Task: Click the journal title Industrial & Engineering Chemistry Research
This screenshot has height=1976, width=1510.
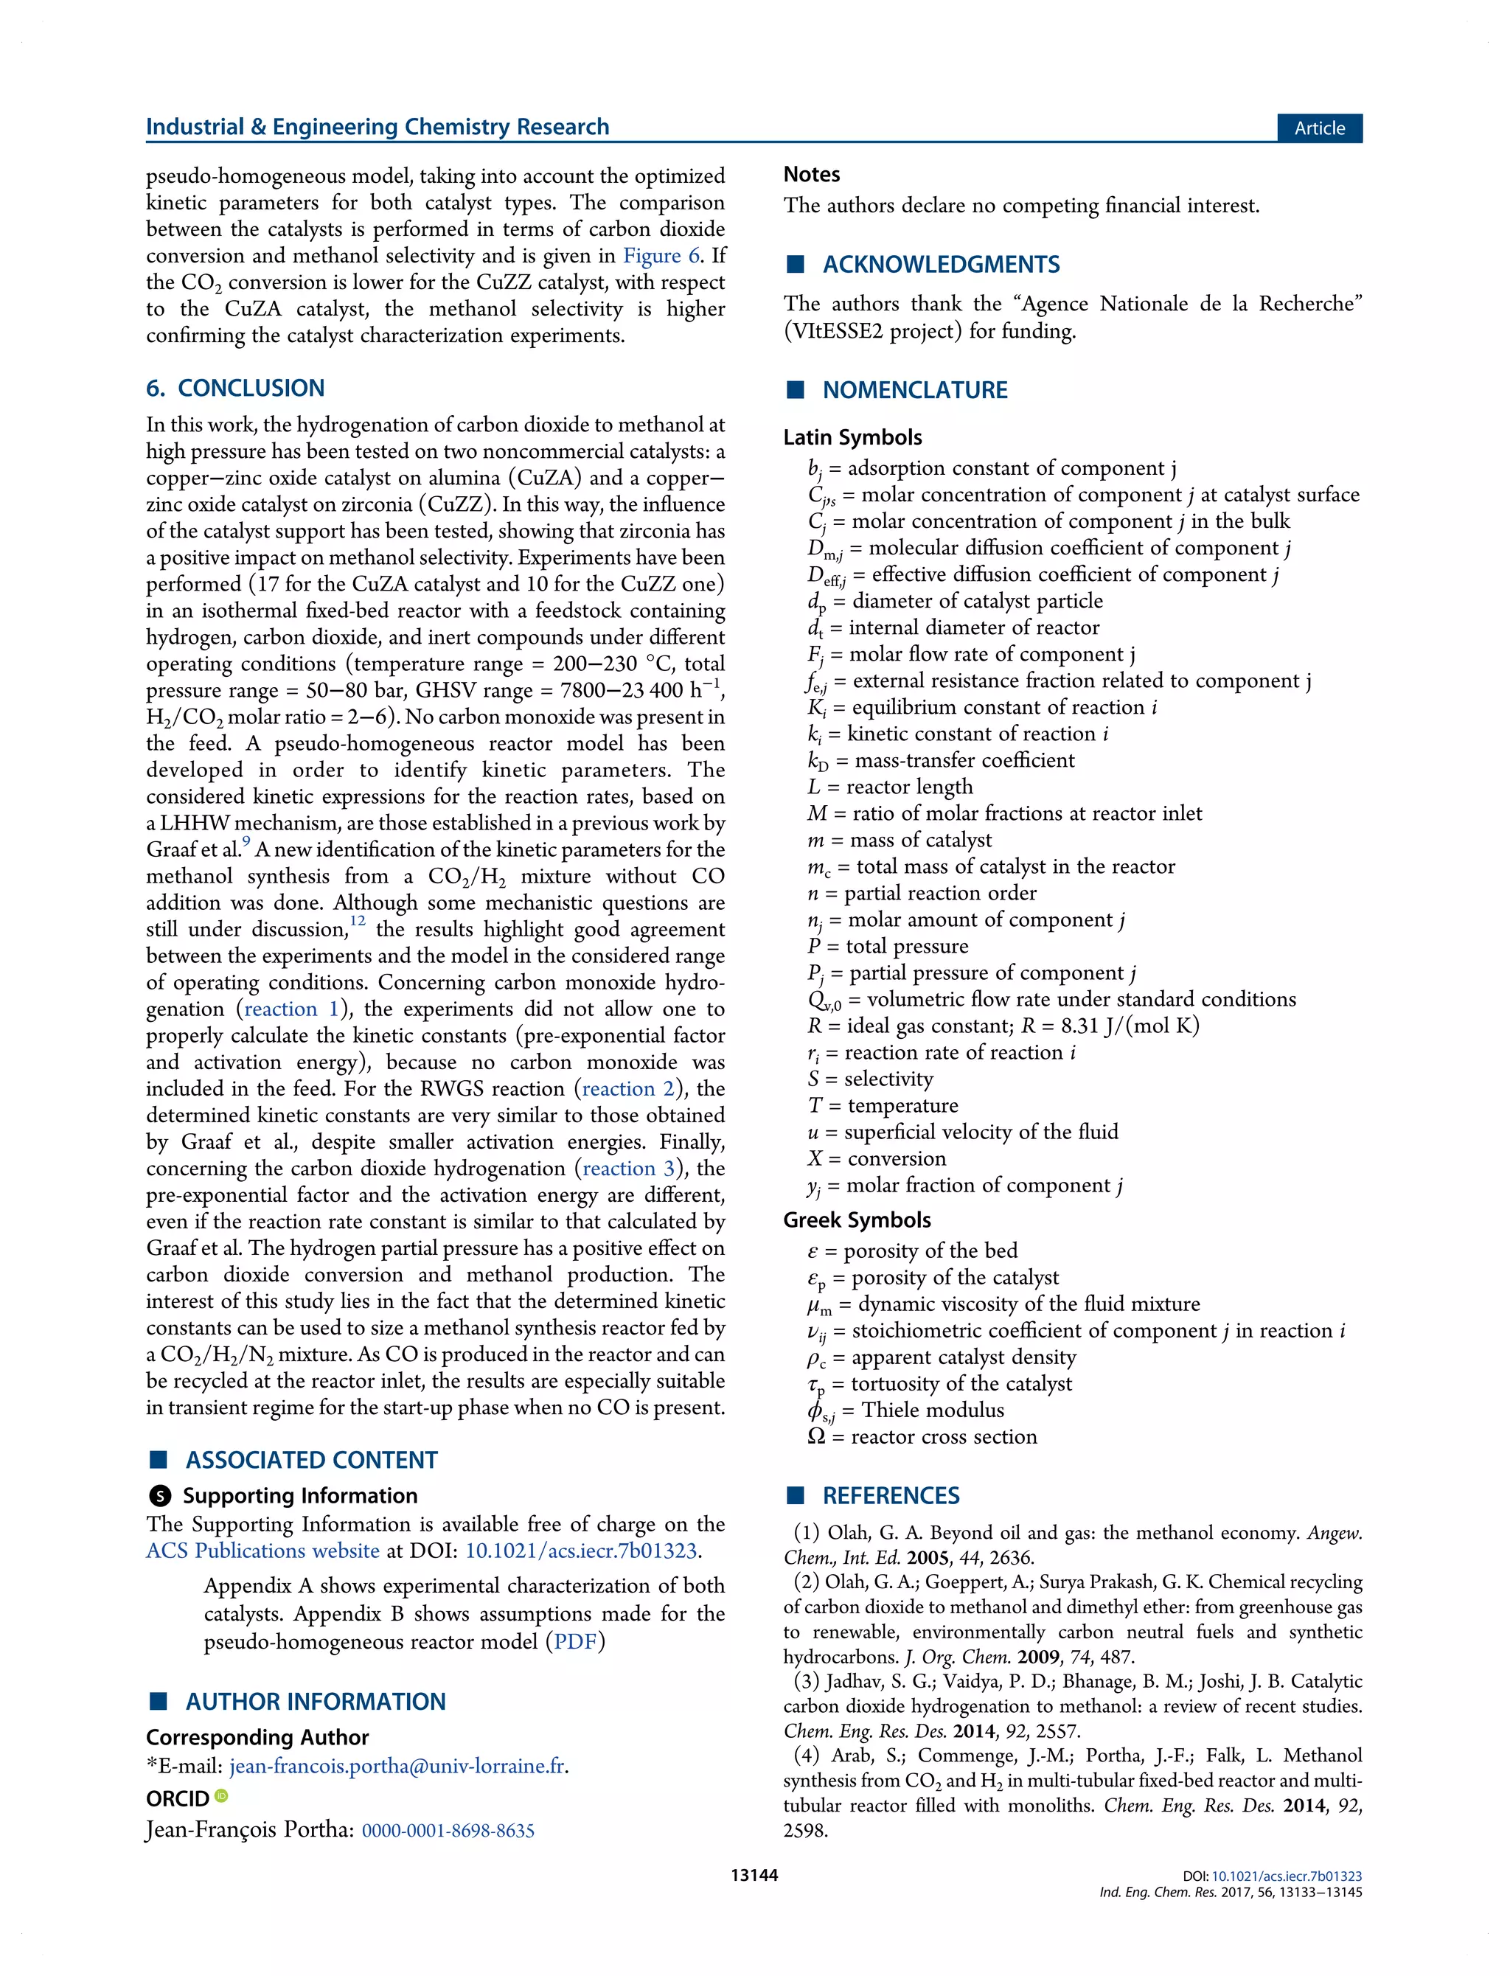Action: [x=377, y=127]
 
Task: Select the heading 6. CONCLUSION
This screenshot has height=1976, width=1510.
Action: [x=234, y=388]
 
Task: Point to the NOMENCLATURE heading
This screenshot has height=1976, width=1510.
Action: [x=914, y=390]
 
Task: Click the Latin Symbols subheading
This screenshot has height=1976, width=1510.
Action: [x=852, y=438]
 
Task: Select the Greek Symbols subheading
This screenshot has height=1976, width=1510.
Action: [x=857, y=1220]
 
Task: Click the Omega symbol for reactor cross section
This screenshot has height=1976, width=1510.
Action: [x=816, y=1437]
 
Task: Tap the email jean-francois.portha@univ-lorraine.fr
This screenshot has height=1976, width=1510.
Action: [x=397, y=1766]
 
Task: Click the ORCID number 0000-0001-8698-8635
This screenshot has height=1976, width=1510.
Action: [x=448, y=1831]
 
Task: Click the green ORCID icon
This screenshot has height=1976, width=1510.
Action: [x=222, y=1796]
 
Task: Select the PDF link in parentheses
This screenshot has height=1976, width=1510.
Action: [x=575, y=1642]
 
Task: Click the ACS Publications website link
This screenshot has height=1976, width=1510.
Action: [x=262, y=1551]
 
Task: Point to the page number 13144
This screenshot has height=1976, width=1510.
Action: [x=754, y=1876]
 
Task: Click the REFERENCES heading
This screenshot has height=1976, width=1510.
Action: [x=890, y=1495]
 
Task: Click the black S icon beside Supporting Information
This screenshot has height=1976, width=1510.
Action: [x=160, y=1496]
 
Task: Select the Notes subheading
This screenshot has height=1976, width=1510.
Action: [x=812, y=174]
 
